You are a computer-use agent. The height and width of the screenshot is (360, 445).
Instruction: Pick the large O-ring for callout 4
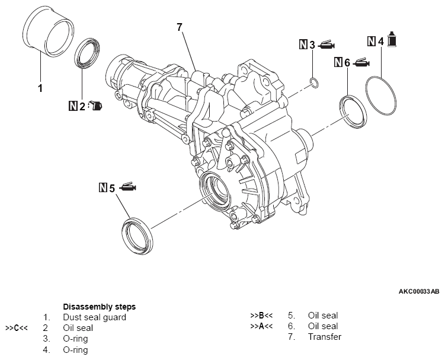382,94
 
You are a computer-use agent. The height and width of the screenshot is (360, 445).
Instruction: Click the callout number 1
40,89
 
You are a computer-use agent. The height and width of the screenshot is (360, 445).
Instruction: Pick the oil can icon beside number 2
96,107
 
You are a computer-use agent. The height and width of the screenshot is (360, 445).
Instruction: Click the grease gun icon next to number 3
327,44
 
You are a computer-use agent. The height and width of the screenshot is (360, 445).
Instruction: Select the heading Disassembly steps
99,307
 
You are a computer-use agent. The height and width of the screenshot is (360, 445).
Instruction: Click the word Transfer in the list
325,337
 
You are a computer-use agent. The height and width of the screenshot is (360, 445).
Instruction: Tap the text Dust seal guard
94,317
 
